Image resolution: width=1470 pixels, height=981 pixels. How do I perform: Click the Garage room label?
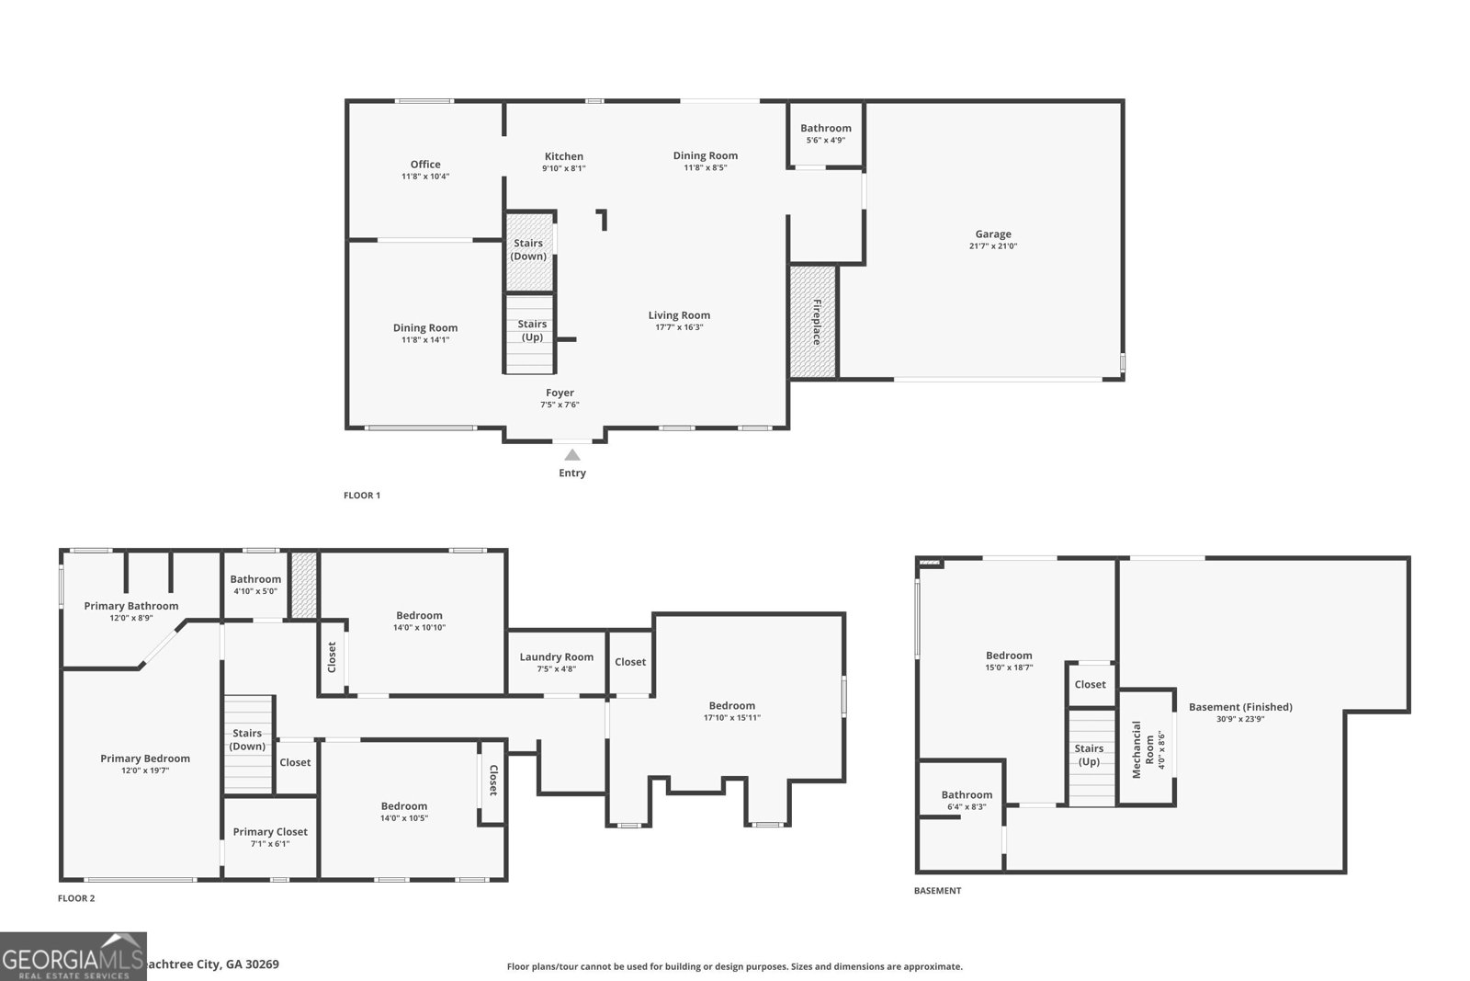(992, 234)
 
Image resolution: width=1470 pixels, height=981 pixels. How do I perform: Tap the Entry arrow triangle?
(572, 454)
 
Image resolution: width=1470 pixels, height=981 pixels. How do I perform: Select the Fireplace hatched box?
(813, 322)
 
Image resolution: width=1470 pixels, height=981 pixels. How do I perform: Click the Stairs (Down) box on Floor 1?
(529, 251)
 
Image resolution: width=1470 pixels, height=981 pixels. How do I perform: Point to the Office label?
(425, 165)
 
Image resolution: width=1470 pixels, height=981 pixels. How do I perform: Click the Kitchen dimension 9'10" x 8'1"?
(563, 168)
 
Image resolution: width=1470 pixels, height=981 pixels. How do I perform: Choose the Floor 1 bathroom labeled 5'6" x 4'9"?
(825, 134)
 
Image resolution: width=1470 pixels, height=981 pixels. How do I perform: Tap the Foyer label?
(560, 393)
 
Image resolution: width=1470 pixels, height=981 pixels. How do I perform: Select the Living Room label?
(679, 315)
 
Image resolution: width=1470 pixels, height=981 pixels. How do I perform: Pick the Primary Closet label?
(270, 831)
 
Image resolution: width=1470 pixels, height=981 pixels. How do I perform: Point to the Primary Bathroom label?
(131, 606)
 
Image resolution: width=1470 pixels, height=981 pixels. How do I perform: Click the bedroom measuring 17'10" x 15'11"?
(731, 711)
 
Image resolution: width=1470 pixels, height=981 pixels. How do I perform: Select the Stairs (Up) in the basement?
(1089, 755)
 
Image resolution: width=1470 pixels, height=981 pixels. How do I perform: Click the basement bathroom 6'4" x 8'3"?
(966, 800)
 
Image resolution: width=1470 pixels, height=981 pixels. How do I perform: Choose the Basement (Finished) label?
(1240, 707)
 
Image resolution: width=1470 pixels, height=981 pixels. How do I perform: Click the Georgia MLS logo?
(73, 956)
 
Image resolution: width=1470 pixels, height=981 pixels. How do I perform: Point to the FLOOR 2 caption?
(76, 898)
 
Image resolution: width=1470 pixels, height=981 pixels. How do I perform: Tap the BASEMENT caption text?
(937, 890)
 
